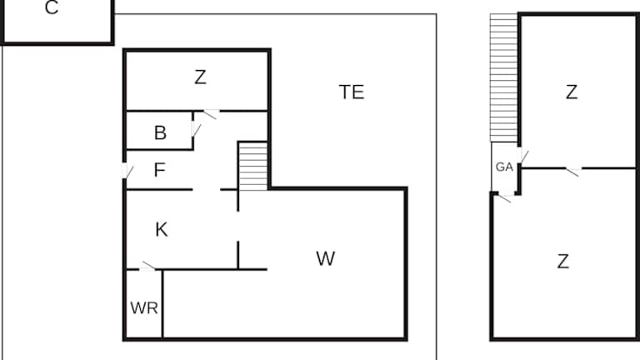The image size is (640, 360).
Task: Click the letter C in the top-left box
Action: (52, 9)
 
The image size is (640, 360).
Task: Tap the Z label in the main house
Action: (200, 78)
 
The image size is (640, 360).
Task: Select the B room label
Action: (160, 132)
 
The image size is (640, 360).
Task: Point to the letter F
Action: (161, 171)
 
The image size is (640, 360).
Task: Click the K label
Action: (162, 230)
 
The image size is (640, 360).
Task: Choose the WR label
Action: (144, 307)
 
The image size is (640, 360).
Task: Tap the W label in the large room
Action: (325, 259)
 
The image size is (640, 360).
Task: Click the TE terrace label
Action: (352, 92)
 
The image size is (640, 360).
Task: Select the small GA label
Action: (504, 167)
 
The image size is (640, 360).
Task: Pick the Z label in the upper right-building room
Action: (571, 92)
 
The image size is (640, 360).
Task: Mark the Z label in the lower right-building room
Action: (563, 262)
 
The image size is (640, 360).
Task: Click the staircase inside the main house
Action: (252, 166)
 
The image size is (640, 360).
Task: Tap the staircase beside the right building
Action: (504, 77)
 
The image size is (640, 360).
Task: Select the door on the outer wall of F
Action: (127, 171)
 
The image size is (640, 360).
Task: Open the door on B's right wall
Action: (197, 130)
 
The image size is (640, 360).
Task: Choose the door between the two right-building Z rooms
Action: (572, 171)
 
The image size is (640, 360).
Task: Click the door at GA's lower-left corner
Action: (504, 197)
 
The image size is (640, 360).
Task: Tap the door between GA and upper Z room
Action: (523, 157)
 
